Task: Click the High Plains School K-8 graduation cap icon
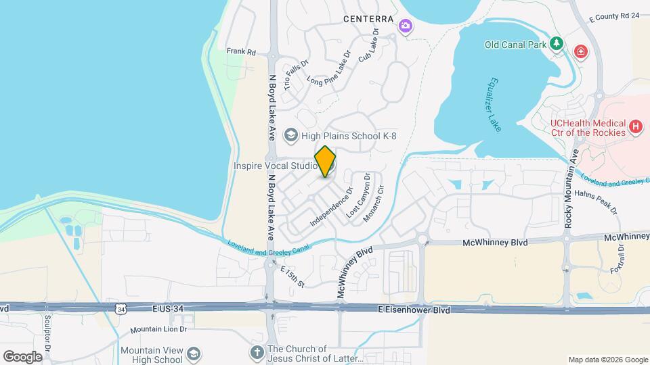tap(291, 136)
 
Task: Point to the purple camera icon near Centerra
tap(406, 26)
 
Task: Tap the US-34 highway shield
tap(121, 309)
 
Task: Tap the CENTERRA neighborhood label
tap(368, 19)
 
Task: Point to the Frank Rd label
tap(242, 51)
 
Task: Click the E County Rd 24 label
tap(614, 15)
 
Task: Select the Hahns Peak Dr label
tap(597, 201)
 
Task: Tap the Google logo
tap(22, 356)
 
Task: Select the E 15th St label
tap(292, 276)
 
